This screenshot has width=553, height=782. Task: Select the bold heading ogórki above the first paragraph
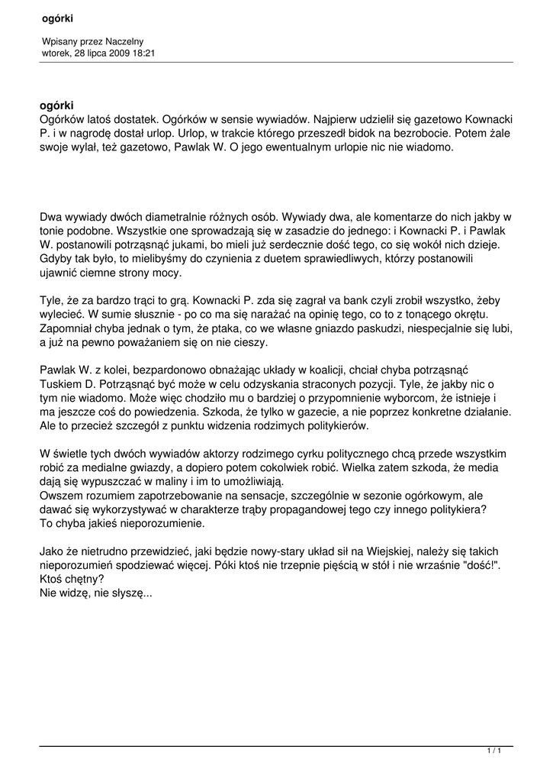coord(57,106)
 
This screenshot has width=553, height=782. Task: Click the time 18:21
coord(144,53)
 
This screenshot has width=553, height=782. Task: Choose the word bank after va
coord(339,301)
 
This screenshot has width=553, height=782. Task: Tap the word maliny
coord(177,481)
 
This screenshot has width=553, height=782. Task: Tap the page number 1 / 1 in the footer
coord(494,751)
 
